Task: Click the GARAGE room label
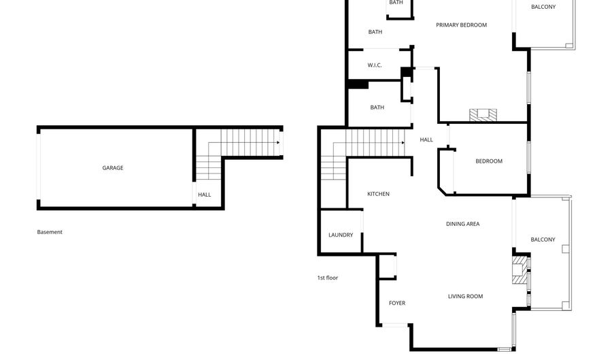[x=113, y=168]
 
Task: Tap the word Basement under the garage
[x=50, y=232]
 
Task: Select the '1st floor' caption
[x=328, y=278]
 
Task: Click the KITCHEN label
[x=378, y=194]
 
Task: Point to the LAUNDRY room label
[x=341, y=235]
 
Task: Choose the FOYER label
[x=397, y=303]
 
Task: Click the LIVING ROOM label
[x=465, y=296]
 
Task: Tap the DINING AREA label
[x=462, y=224]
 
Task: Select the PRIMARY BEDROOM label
[x=461, y=25]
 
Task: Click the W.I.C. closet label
[x=375, y=65]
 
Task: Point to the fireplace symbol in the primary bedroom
[x=483, y=115]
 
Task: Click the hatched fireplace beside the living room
[x=520, y=269]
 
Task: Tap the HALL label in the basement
[x=205, y=195]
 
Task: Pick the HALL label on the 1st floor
[x=426, y=140]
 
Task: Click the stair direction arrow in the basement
[x=243, y=143]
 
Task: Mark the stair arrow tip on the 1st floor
[x=403, y=143]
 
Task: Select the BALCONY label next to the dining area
[x=543, y=240]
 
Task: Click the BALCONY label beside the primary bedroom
[x=543, y=7]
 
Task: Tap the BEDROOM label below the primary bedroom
[x=489, y=161]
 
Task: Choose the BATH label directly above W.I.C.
[x=375, y=32]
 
